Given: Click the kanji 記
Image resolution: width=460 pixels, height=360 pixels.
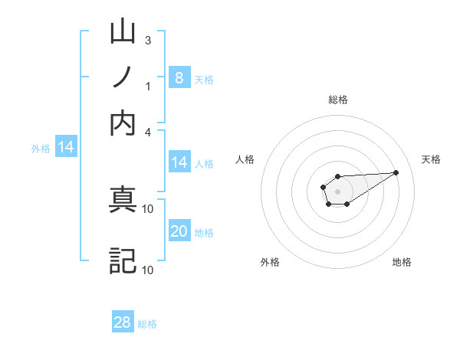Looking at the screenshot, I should click(123, 260).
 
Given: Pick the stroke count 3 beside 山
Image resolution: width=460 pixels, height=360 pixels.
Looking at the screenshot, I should click(147, 40).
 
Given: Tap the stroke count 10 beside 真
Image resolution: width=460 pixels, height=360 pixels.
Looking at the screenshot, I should click(148, 208).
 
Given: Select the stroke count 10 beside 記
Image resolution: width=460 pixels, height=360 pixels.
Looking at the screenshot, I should click(148, 269).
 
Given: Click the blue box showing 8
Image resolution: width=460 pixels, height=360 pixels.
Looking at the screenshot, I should click(179, 77).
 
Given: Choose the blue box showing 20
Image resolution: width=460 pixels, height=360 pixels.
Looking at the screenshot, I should click(179, 231).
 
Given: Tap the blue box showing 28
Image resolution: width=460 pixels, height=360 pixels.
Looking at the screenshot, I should click(123, 322).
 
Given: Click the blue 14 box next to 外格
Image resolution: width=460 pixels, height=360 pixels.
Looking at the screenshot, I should click(66, 148).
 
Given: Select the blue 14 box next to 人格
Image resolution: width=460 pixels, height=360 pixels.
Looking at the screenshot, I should click(179, 162).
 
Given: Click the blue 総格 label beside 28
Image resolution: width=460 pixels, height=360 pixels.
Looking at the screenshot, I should click(147, 324).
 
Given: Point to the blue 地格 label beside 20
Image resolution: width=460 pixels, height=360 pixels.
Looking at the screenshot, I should click(204, 233).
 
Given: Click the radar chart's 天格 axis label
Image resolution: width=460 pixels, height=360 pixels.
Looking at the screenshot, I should click(431, 159).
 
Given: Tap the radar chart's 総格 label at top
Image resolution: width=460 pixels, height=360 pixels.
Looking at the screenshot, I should click(337, 100).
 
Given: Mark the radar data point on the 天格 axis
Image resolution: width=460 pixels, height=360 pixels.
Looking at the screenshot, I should click(396, 172).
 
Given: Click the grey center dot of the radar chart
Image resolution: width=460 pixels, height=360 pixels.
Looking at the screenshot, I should click(337, 190).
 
